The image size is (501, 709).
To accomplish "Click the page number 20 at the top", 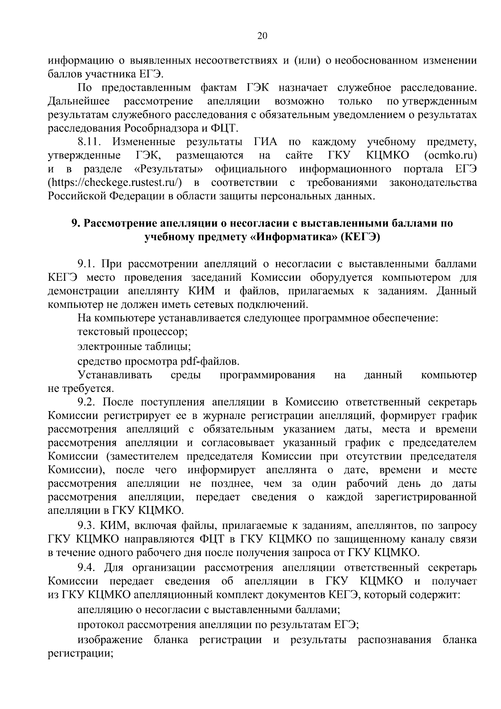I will tap(262, 36).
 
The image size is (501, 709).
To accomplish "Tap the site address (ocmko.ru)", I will tap(450, 155).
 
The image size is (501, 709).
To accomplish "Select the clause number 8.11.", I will tap(89, 142).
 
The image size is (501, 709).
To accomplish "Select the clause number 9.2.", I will tap(87, 402).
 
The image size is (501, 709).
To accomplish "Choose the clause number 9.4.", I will tap(87, 567).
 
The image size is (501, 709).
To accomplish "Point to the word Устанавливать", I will tap(115, 375).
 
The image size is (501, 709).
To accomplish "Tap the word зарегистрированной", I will tap(426, 497).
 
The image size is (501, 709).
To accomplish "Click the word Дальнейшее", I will tap(79, 101).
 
